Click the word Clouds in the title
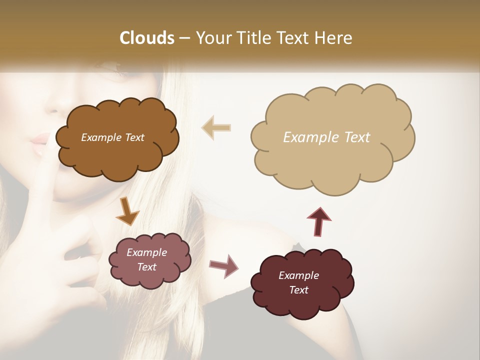pos(147,38)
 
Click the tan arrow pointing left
pos(216,127)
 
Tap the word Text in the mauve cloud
pos(146,267)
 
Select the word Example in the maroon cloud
pos(298,275)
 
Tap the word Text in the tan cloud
pos(356,137)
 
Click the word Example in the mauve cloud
pos(146,252)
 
